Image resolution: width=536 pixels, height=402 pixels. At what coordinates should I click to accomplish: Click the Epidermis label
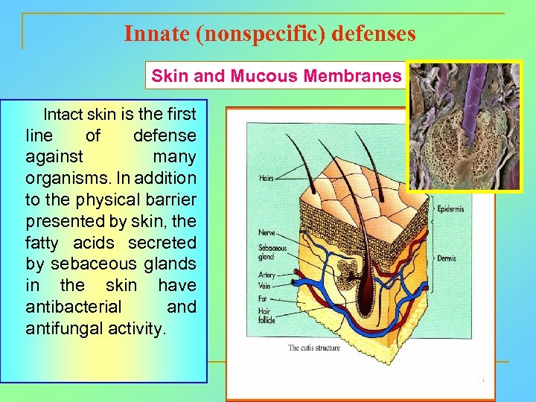point(450,209)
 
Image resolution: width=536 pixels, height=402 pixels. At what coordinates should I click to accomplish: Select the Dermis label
point(447,259)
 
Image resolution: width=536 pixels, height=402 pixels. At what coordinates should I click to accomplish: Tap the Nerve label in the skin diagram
point(267,233)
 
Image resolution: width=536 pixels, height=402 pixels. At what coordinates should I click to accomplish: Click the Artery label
point(267,275)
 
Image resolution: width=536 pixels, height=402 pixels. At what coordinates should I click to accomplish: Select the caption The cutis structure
point(313,348)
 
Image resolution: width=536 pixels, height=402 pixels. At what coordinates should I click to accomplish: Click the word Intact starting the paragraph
point(64,115)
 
